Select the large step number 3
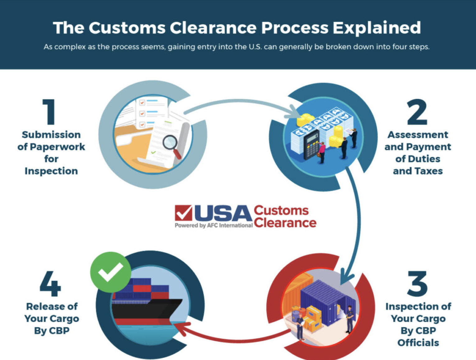[x=417, y=284]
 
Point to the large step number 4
[x=50, y=284]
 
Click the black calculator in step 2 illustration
[x=311, y=145]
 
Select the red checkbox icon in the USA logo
[x=184, y=213]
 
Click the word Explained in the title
[x=377, y=28]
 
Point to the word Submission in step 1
[x=51, y=135]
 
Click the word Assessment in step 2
[x=418, y=135]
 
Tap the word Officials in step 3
[x=418, y=343]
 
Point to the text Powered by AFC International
[x=213, y=225]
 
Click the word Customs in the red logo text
[x=281, y=210]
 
